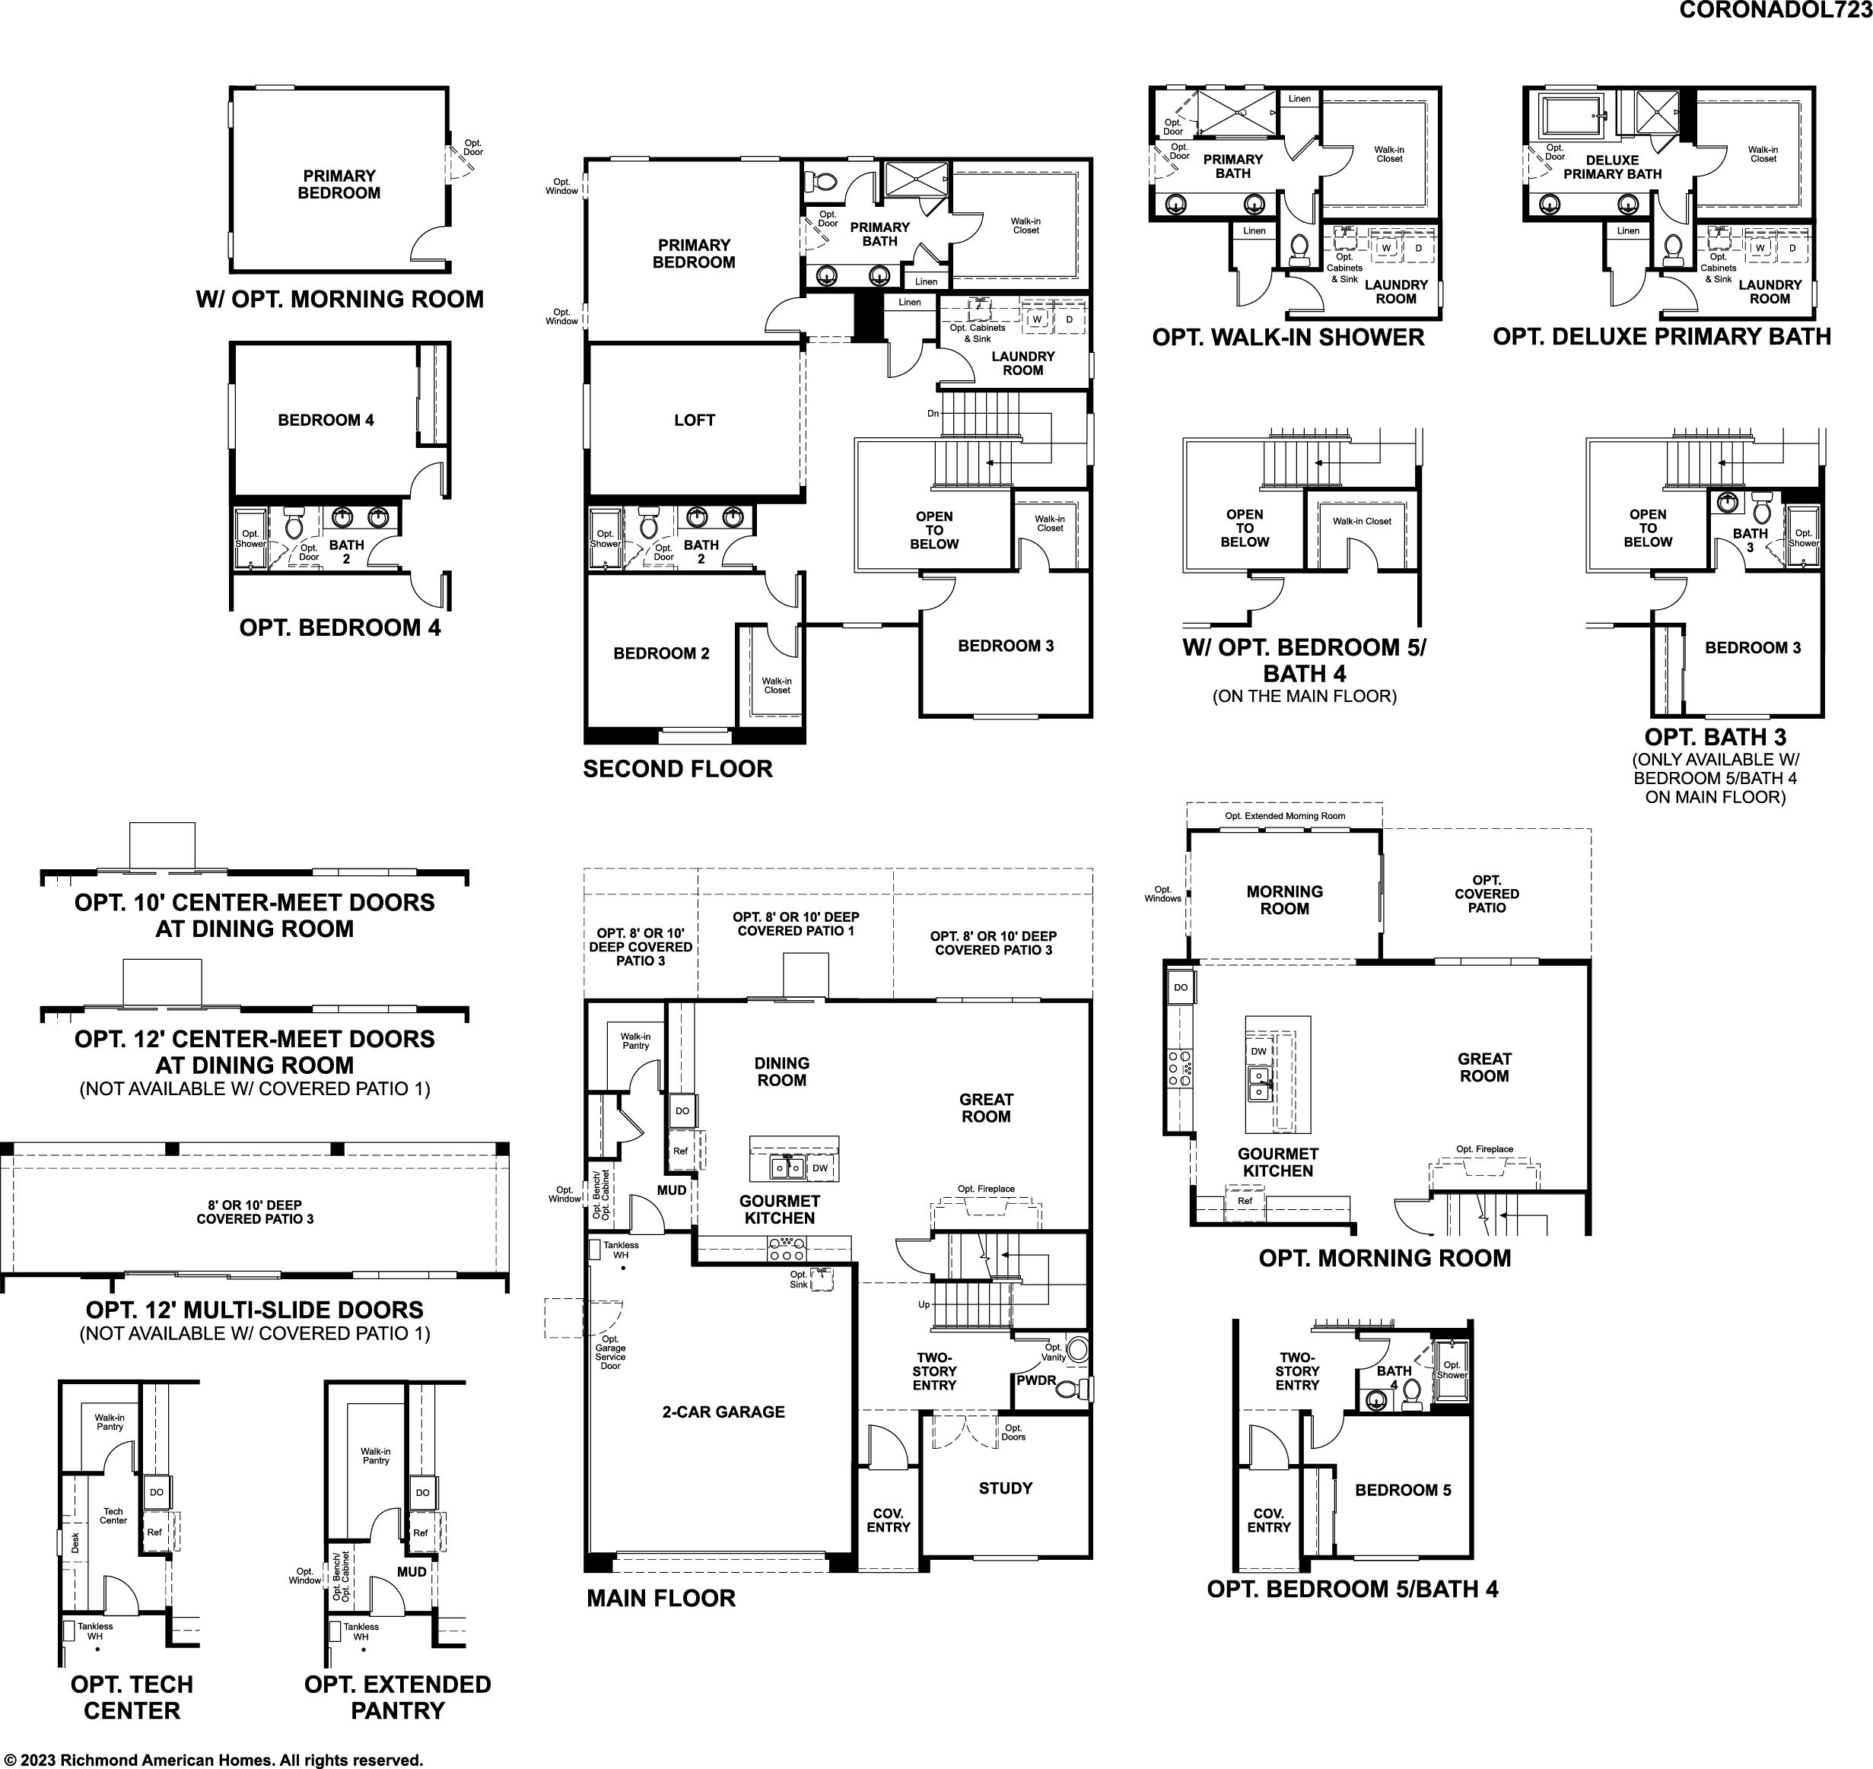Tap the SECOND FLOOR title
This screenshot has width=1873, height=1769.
point(677,768)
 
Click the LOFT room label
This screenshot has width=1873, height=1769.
point(694,420)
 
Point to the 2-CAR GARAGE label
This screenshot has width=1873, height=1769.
point(723,1412)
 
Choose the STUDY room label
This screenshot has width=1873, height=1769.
point(1005,1488)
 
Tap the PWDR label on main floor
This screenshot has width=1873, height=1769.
point(1035,1380)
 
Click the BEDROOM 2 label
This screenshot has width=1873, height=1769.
point(661,653)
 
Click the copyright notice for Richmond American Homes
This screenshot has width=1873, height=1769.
point(212,1760)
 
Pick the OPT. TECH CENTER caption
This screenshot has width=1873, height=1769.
point(132,1698)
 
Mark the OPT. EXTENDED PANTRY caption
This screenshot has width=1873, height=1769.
point(397,1698)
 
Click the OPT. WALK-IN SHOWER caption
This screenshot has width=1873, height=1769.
point(1288,337)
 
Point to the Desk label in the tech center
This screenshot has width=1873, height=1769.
point(75,1542)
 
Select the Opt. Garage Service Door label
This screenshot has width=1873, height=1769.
point(610,1352)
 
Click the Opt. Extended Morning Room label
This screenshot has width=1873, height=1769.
point(1284,815)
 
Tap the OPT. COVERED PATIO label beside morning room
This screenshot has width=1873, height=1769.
point(1487,894)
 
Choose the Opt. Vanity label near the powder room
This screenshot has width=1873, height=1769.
point(1054,1352)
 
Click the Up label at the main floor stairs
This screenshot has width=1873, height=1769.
point(924,1305)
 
